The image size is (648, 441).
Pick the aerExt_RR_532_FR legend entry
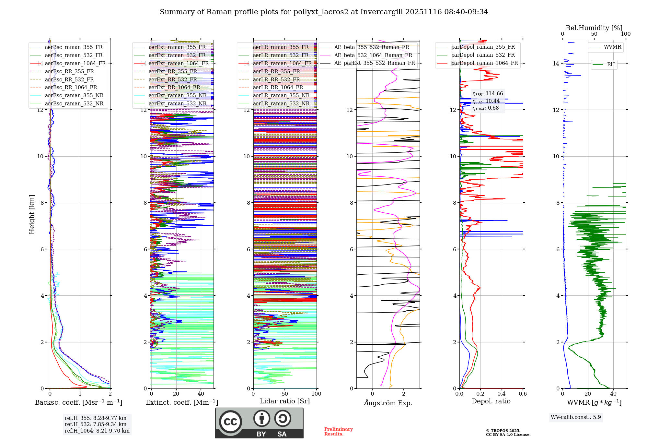[173, 79]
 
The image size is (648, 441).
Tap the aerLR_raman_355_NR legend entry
[281, 95]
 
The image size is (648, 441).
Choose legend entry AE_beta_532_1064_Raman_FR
[373, 55]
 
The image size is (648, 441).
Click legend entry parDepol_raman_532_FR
[483, 55]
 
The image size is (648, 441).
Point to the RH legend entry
[611, 65]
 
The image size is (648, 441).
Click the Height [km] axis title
[32, 214]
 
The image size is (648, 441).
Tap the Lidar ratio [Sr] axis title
[285, 401]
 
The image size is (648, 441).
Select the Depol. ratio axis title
[491, 401]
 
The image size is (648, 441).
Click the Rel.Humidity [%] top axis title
[594, 28]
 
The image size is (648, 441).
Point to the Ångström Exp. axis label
[388, 403]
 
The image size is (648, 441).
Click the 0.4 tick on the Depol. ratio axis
[502, 394]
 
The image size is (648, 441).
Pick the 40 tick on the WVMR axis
[613, 394]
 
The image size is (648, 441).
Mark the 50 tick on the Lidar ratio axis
[285, 394]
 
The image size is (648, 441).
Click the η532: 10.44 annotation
[486, 101]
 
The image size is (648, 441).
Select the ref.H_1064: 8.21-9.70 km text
[97, 431]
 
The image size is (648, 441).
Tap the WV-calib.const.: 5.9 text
[576, 417]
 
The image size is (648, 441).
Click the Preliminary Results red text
[338, 431]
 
